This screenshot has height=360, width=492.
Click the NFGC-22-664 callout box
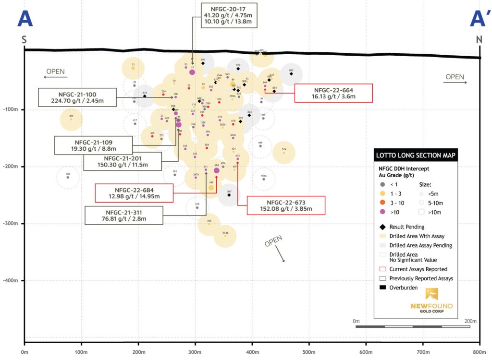point(333,93)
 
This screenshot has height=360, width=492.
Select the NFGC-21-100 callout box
point(78,97)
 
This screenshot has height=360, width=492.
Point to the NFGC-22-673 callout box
point(286,205)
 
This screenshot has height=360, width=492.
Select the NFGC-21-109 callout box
point(93,145)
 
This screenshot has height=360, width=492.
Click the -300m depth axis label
point(11,224)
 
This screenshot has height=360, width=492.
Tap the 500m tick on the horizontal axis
point(251,352)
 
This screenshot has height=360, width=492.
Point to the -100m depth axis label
point(11,110)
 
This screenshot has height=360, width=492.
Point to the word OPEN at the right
point(455,77)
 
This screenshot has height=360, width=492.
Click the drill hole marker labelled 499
point(71,119)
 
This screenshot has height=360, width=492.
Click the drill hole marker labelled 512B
point(225,235)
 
